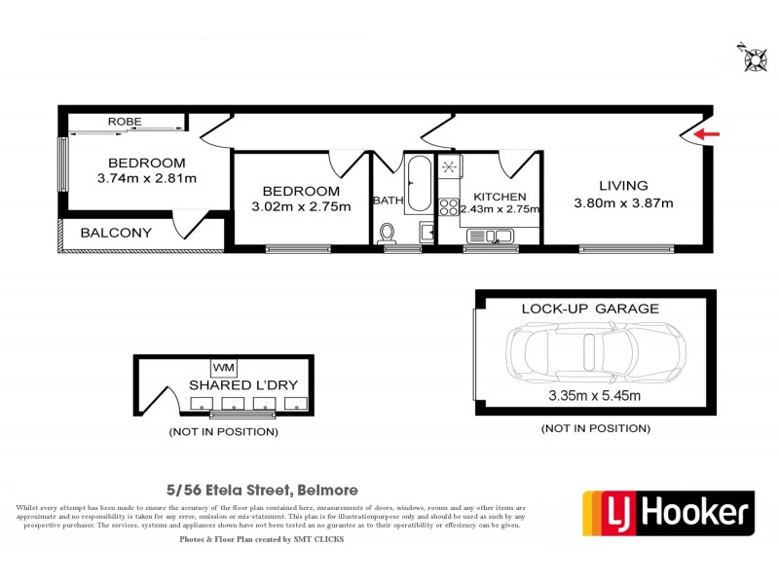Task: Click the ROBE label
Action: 125,122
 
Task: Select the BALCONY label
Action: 116,233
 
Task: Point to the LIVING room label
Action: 623,186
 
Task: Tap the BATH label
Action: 388,201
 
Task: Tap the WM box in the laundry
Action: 223,367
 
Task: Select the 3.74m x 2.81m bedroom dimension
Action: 147,178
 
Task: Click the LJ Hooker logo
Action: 668,512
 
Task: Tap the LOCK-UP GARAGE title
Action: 590,309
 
